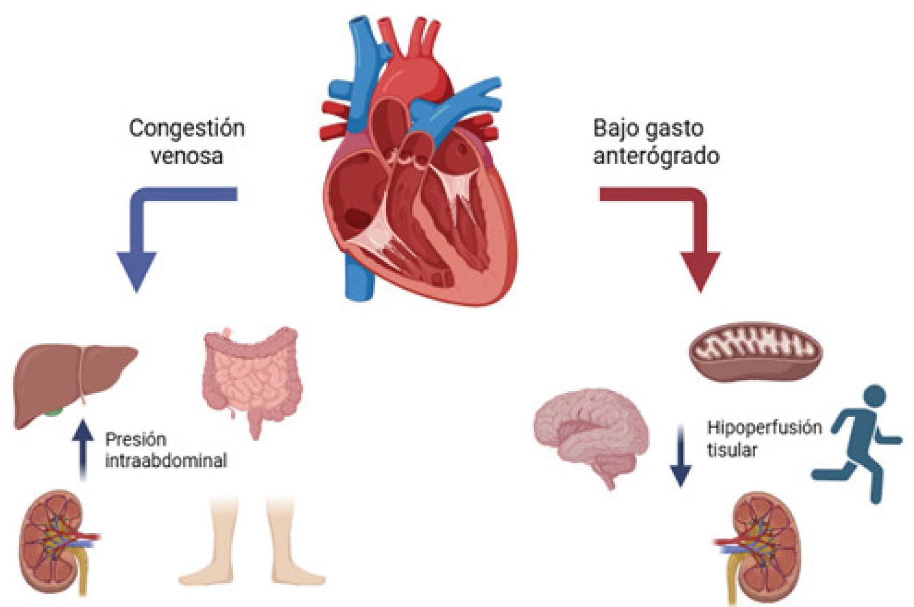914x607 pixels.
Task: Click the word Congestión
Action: coord(187,128)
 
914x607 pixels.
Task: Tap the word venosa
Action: coord(187,156)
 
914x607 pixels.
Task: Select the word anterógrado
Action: coord(656,156)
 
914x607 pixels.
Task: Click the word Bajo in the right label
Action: coord(614,128)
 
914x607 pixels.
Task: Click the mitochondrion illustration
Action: coord(755,351)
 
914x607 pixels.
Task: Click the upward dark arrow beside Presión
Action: coord(83,449)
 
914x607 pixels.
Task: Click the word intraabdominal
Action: coord(166,460)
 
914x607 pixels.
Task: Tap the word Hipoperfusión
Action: coord(764,427)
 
